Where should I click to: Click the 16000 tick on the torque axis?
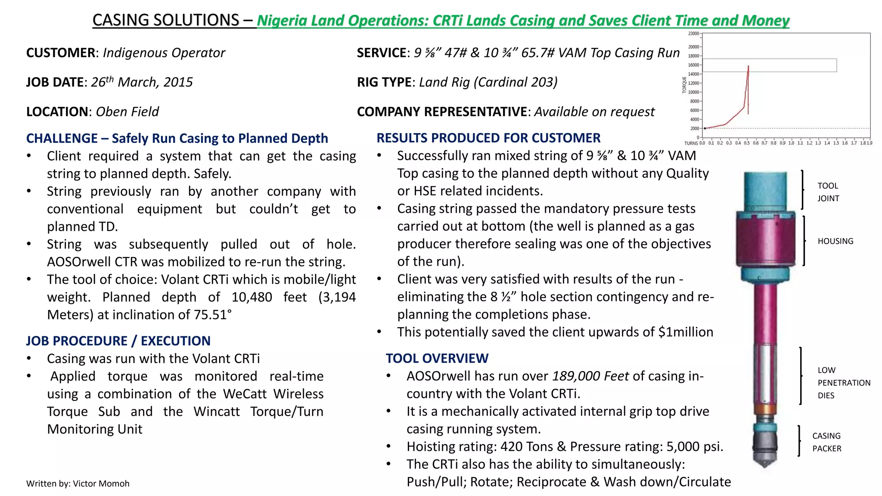[x=693, y=65]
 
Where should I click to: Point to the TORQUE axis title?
[x=684, y=85]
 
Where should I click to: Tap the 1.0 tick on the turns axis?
[x=791, y=143]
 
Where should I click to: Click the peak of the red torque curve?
[x=748, y=66]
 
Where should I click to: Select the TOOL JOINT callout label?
[x=828, y=192]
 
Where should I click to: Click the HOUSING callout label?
[x=835, y=241]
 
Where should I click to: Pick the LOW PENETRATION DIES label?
[x=843, y=382]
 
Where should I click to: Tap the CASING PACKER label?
[x=826, y=442]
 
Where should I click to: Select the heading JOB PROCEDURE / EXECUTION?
[x=118, y=341]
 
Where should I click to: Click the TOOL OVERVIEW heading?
[x=437, y=358]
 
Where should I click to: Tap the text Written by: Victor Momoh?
[x=78, y=484]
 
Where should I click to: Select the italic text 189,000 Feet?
[x=590, y=376]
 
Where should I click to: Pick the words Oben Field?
[x=127, y=112]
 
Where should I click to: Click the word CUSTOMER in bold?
[x=61, y=53]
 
